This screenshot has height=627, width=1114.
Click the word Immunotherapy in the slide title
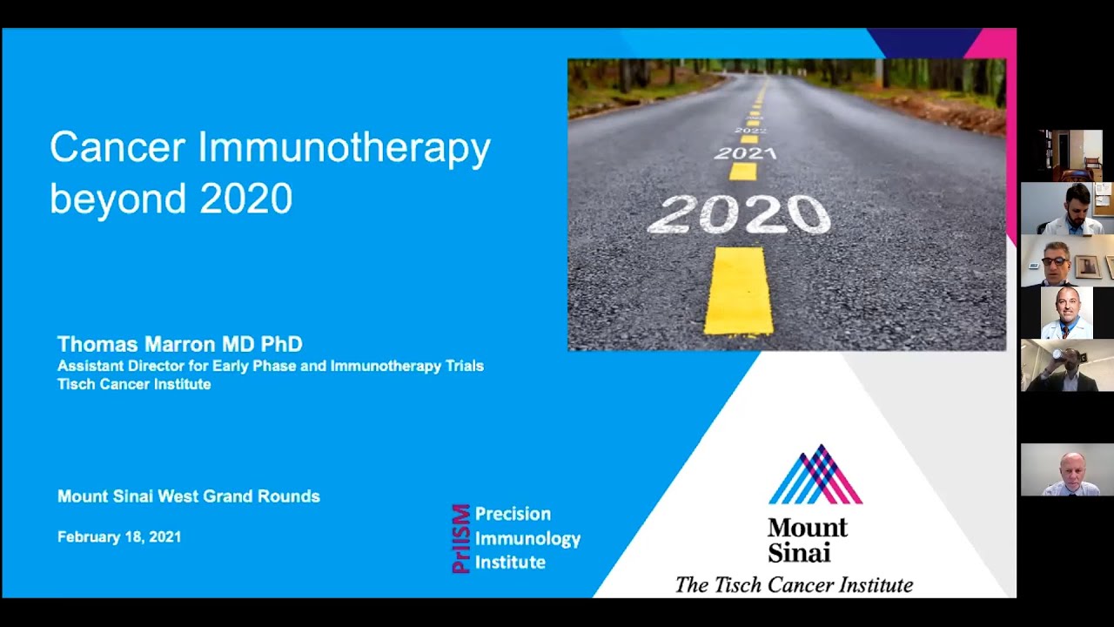(x=344, y=149)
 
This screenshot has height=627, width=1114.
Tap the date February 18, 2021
(x=119, y=537)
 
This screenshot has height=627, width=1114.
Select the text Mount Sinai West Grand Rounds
(x=189, y=496)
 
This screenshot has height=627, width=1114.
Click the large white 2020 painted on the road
(x=739, y=214)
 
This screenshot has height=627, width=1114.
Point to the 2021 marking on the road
(x=745, y=153)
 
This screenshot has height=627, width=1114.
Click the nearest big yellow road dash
(x=738, y=291)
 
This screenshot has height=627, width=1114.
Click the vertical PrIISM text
(x=461, y=538)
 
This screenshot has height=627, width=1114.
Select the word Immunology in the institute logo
(x=527, y=538)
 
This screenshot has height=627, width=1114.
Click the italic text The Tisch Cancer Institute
(x=794, y=585)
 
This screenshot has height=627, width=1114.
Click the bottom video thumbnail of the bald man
(x=1067, y=470)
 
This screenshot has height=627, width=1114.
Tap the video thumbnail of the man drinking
(x=1067, y=366)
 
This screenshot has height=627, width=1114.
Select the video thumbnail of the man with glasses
(x=1067, y=261)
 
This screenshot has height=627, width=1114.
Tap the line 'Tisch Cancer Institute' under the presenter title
(x=134, y=384)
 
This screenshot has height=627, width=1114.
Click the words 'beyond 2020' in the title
(x=171, y=199)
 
